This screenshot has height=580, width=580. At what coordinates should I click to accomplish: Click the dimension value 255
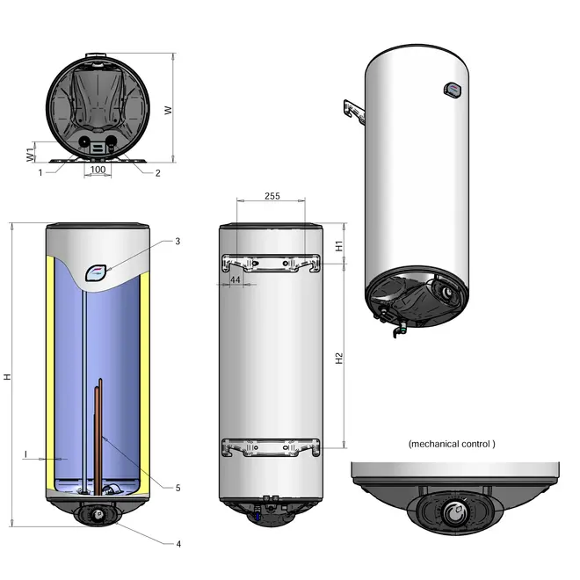click(x=272, y=197)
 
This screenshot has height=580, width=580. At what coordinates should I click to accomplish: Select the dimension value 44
click(x=236, y=279)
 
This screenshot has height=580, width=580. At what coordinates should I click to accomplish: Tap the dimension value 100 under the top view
click(x=98, y=169)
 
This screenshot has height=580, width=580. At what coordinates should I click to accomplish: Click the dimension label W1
click(x=30, y=154)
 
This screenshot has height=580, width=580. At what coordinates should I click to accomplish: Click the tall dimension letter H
click(x=7, y=375)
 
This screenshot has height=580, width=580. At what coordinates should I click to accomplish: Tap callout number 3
click(x=178, y=241)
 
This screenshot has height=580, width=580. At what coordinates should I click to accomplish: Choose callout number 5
click(x=178, y=488)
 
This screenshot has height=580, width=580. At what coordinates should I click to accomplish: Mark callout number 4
click(x=178, y=544)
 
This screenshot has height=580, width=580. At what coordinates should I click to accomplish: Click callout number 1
click(x=40, y=173)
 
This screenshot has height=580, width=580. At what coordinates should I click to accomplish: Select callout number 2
click(x=157, y=173)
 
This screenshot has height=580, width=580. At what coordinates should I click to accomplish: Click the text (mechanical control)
click(x=452, y=445)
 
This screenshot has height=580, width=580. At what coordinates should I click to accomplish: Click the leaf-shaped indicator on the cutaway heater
click(x=98, y=272)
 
